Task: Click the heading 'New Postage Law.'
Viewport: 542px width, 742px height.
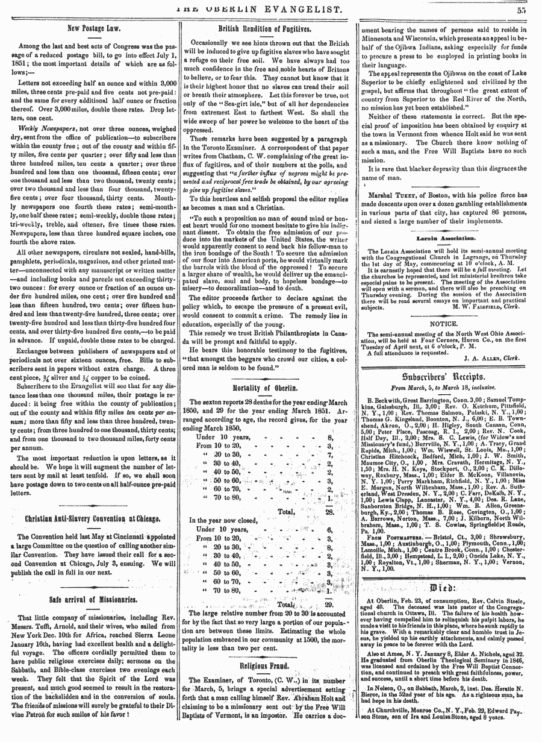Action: (x=95, y=28)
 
